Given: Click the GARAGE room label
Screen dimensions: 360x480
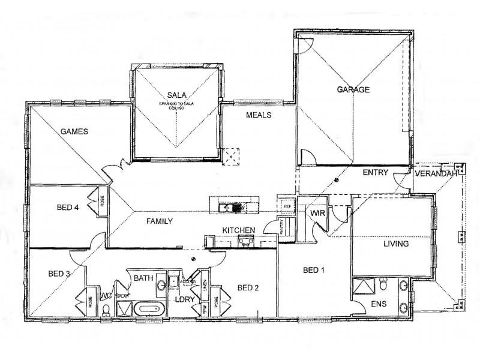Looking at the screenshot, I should pos(353,90).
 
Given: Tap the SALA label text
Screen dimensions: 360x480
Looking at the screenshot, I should pos(176,95).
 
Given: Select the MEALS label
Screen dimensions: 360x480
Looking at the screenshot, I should pos(259,115).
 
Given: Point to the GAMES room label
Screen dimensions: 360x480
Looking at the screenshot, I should pos(74,131).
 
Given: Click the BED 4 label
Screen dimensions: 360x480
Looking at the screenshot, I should pos(68,208).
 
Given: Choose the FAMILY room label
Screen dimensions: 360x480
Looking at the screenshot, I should pos(160,221).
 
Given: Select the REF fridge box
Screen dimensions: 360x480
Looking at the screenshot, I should pos(286,206).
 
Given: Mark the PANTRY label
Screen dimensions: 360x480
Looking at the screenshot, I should pos(282,227).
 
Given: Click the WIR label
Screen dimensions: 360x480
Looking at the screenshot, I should pos(317,213).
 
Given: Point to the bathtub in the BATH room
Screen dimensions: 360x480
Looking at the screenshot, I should pos(149,310).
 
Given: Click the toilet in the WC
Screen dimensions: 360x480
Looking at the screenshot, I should pos(106,310).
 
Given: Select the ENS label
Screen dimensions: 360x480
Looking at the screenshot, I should pos(379,305).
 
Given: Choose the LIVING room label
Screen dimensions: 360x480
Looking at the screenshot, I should pos(396,244).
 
